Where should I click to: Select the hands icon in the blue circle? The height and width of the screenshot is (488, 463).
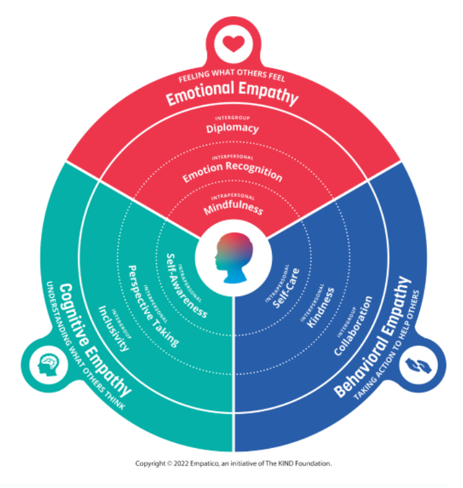(x=418, y=367)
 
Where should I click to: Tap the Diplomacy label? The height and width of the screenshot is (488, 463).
(x=232, y=127)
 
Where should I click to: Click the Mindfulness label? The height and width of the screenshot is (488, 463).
(x=233, y=209)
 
